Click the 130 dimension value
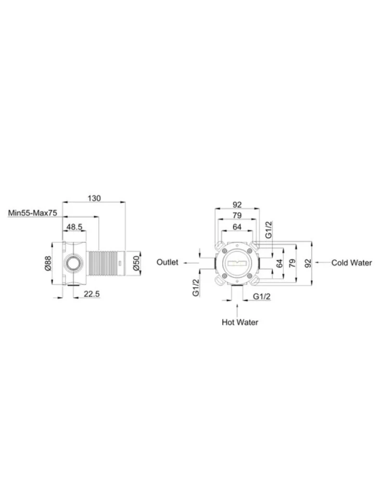coord(94,198)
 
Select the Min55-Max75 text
coord(32,213)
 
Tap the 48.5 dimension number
coord(74,227)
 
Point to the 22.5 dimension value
coord(92,294)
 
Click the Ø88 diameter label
coord(48,262)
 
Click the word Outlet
coord(167,262)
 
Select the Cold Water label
coord(351,262)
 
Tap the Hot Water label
coord(240,322)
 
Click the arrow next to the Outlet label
coord(191,262)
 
